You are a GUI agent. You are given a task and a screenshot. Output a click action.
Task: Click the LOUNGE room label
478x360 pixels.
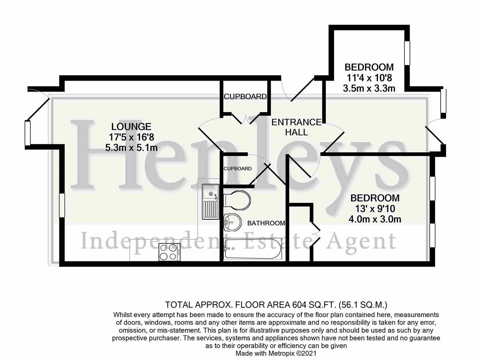(x=131, y=127)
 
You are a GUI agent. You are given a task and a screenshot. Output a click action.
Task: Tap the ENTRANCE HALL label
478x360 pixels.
(x=296, y=127)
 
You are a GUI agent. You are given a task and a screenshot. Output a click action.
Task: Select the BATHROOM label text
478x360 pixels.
(x=266, y=223)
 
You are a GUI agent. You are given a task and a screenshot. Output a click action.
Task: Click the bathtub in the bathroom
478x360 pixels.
(x=252, y=249)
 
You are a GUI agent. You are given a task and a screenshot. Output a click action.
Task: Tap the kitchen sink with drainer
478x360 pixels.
(x=210, y=203)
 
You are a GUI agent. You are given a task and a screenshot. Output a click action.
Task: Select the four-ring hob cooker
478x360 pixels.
(x=169, y=252)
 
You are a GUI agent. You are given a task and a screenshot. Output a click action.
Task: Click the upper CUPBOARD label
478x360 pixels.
(x=245, y=97)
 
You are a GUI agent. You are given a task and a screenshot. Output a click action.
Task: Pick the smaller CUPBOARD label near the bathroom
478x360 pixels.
(x=237, y=169)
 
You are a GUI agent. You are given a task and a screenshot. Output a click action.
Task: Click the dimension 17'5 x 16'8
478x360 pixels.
(x=131, y=137)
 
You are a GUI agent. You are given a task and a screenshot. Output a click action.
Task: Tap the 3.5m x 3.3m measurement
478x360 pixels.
(x=369, y=88)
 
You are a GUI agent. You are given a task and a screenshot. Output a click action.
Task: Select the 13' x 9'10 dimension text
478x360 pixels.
(x=375, y=209)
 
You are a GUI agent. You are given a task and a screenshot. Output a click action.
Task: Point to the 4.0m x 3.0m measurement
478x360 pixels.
(x=375, y=219)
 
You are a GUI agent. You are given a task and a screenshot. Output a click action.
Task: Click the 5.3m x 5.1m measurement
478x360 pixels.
(x=131, y=147)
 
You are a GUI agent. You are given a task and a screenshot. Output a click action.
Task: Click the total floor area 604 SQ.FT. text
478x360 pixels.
(x=276, y=304)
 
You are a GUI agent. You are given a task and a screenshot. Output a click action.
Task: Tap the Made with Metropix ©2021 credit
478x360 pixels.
(x=276, y=353)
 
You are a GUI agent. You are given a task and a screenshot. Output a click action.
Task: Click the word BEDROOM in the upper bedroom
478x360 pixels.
(x=369, y=67)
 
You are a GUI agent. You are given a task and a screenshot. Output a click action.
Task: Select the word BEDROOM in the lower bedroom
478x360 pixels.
(x=375, y=198)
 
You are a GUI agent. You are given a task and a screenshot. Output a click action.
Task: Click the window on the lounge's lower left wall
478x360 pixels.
(x=62, y=205)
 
